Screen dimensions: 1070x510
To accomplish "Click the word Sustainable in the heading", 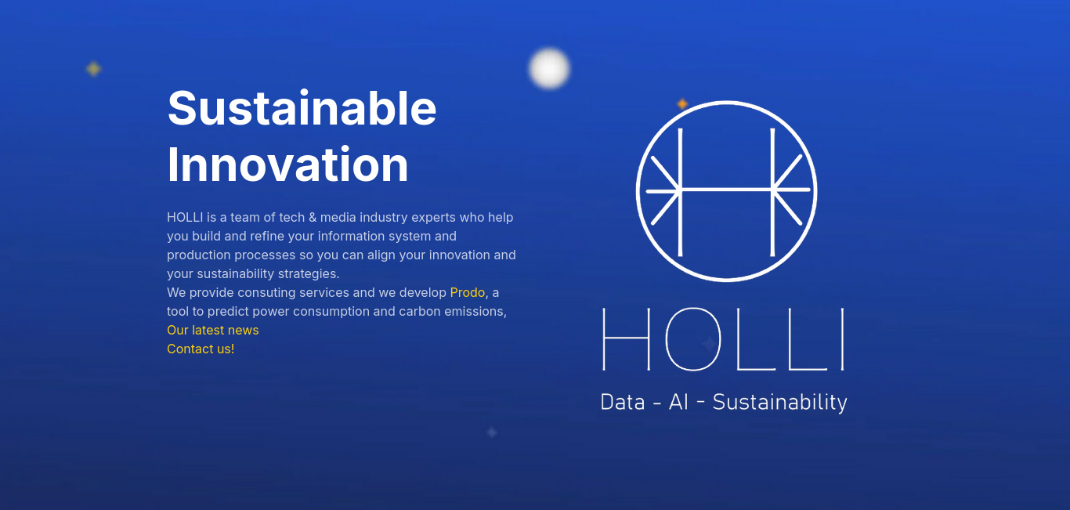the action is point(302,108).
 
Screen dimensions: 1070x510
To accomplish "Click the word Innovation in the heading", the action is point(287,165).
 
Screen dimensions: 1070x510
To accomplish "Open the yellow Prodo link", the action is point(467,292).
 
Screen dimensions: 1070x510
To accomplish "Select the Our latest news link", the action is point(212,330).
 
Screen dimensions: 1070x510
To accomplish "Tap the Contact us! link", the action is point(201,349).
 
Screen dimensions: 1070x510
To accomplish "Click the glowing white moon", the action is point(549,68).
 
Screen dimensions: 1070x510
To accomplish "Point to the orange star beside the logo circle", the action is point(682,103).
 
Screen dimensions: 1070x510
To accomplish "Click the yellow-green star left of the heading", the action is point(94,69).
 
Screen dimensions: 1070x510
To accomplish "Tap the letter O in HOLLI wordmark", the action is point(693,339).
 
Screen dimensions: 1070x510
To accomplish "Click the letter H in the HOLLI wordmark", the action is point(626,339).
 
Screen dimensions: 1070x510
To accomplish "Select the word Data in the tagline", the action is point(623,402).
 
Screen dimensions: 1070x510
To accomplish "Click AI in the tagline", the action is point(678,402).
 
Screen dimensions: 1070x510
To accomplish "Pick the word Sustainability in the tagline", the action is point(779,403).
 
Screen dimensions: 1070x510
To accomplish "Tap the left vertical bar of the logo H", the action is point(680,192).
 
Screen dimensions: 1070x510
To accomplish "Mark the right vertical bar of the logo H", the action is point(772,192).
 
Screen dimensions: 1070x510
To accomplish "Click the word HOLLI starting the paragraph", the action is point(185,217).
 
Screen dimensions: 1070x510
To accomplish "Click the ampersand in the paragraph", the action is point(313,217).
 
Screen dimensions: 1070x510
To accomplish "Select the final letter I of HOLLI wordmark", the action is point(843,339).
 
